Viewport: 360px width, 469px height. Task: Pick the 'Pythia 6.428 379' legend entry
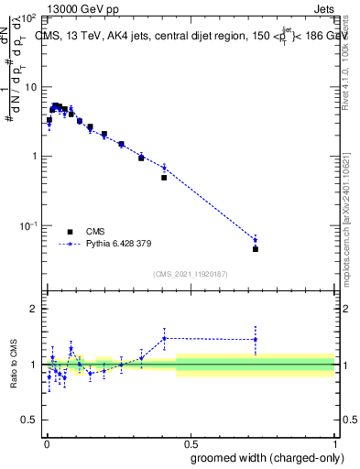coord(115,245)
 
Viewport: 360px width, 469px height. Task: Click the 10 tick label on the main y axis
coord(32,87)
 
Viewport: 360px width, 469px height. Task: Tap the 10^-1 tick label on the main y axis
coord(29,224)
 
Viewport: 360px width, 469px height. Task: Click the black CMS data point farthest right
coord(256,248)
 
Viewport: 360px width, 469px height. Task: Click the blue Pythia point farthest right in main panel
coord(256,240)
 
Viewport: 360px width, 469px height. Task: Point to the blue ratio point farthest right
coord(256,340)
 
